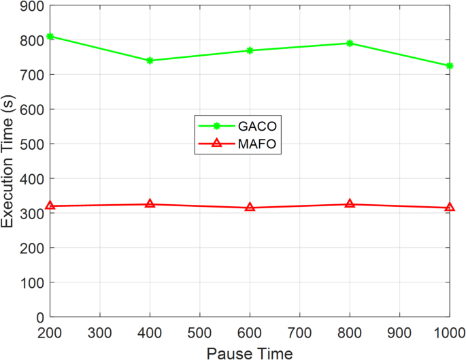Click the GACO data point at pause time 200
(x=50, y=36)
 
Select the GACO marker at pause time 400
(x=150, y=61)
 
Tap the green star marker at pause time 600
(x=250, y=50)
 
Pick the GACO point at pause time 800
(x=350, y=43)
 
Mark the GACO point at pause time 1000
(x=450, y=66)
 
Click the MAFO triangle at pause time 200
(x=50, y=206)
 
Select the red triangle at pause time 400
(x=150, y=203)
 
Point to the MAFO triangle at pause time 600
(x=250, y=207)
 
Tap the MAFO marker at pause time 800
(x=350, y=203)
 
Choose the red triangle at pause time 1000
(x=450, y=207)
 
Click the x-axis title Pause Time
(x=250, y=353)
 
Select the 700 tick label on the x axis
(x=300, y=333)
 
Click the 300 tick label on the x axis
(x=100, y=333)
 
